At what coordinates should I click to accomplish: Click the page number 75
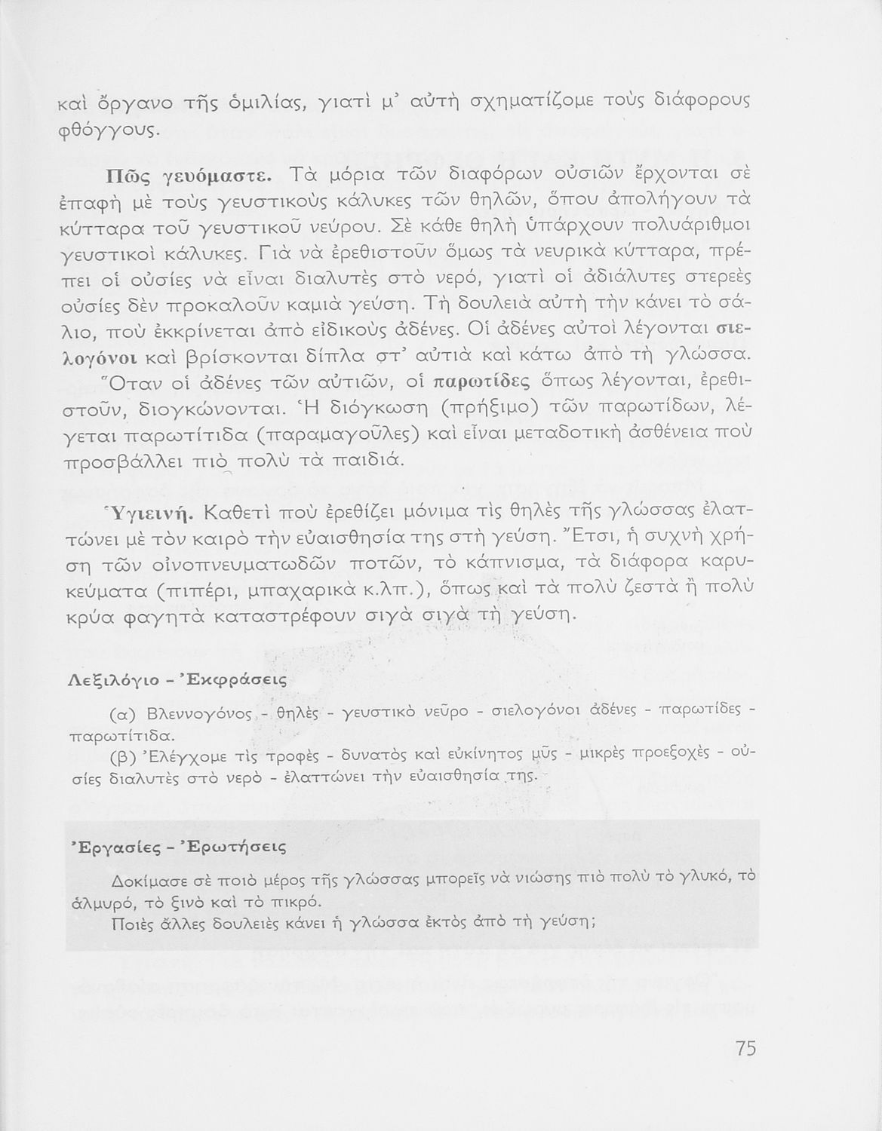tap(745, 1048)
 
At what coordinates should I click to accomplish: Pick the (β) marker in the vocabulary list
tap(122, 754)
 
